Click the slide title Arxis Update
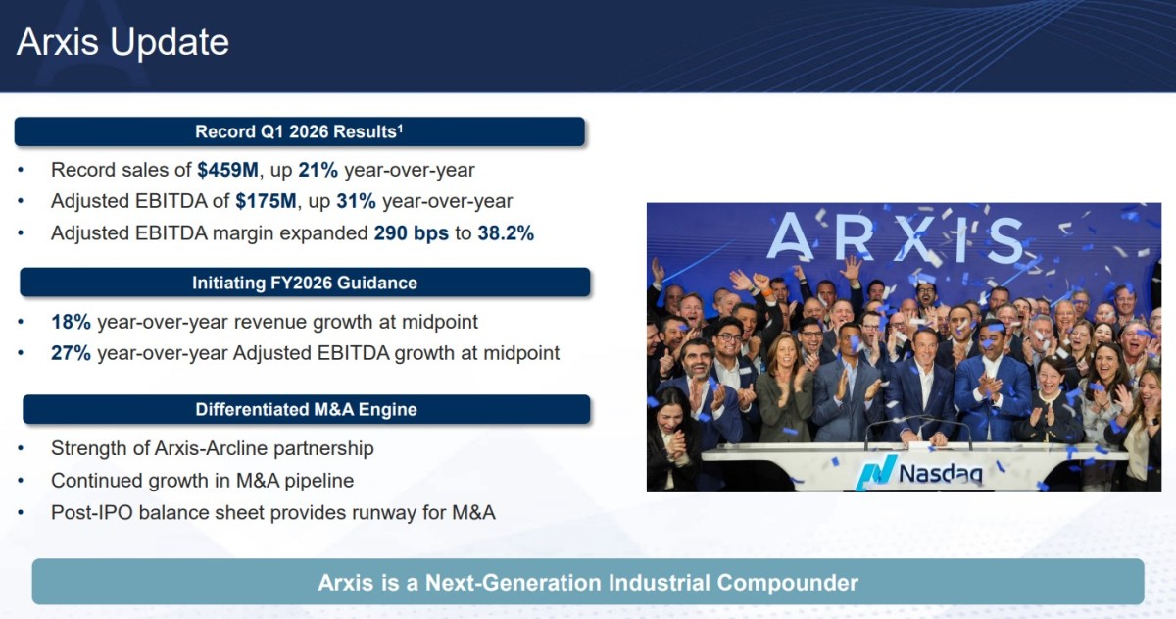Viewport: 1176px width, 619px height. coord(122,42)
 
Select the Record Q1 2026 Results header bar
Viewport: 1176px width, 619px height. coord(299,131)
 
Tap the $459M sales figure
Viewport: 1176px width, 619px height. coord(227,170)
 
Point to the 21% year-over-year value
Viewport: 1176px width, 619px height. coord(318,170)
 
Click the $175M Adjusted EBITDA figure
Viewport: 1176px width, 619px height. coord(267,201)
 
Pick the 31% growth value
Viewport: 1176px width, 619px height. coord(357,201)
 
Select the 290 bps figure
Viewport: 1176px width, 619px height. coord(411,232)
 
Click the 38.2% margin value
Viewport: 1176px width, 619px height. coord(506,232)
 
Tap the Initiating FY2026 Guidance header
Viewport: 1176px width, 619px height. coord(305,283)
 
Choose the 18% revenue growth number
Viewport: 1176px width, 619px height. coord(71,322)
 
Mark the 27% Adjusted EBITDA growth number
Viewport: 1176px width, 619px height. coord(71,353)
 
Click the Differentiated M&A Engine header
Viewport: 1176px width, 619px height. coord(307,409)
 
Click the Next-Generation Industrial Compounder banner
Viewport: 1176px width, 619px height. coord(588,582)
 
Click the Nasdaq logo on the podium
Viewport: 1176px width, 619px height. coord(919,472)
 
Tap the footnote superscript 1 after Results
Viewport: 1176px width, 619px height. coord(400,128)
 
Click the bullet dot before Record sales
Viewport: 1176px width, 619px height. coord(21,170)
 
